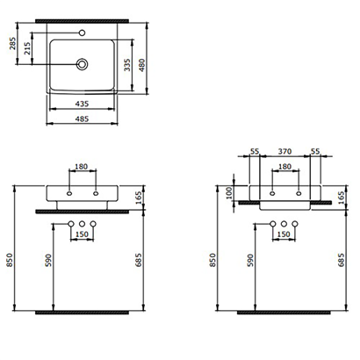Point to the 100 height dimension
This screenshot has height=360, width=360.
pos(230,192)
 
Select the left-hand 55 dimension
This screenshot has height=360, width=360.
pos(253,152)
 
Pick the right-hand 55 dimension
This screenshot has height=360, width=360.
pos(314,152)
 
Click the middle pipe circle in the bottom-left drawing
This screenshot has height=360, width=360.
pos(83,224)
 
